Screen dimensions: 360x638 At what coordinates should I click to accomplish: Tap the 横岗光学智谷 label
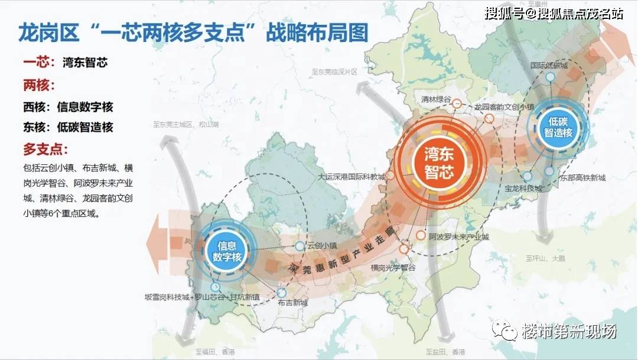pyautogui.click(x=393, y=267)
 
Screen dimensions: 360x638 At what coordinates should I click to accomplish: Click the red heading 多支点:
pyautogui.click(x=46, y=148)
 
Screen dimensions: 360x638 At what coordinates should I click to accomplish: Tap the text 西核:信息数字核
pyautogui.click(x=68, y=107)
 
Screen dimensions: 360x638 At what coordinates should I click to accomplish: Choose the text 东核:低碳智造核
pyautogui.click(x=68, y=127)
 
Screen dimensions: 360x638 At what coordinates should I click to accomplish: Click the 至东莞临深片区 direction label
pyautogui.click(x=335, y=72)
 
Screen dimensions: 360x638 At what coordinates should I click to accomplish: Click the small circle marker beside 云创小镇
pyautogui.click(x=300, y=245)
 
